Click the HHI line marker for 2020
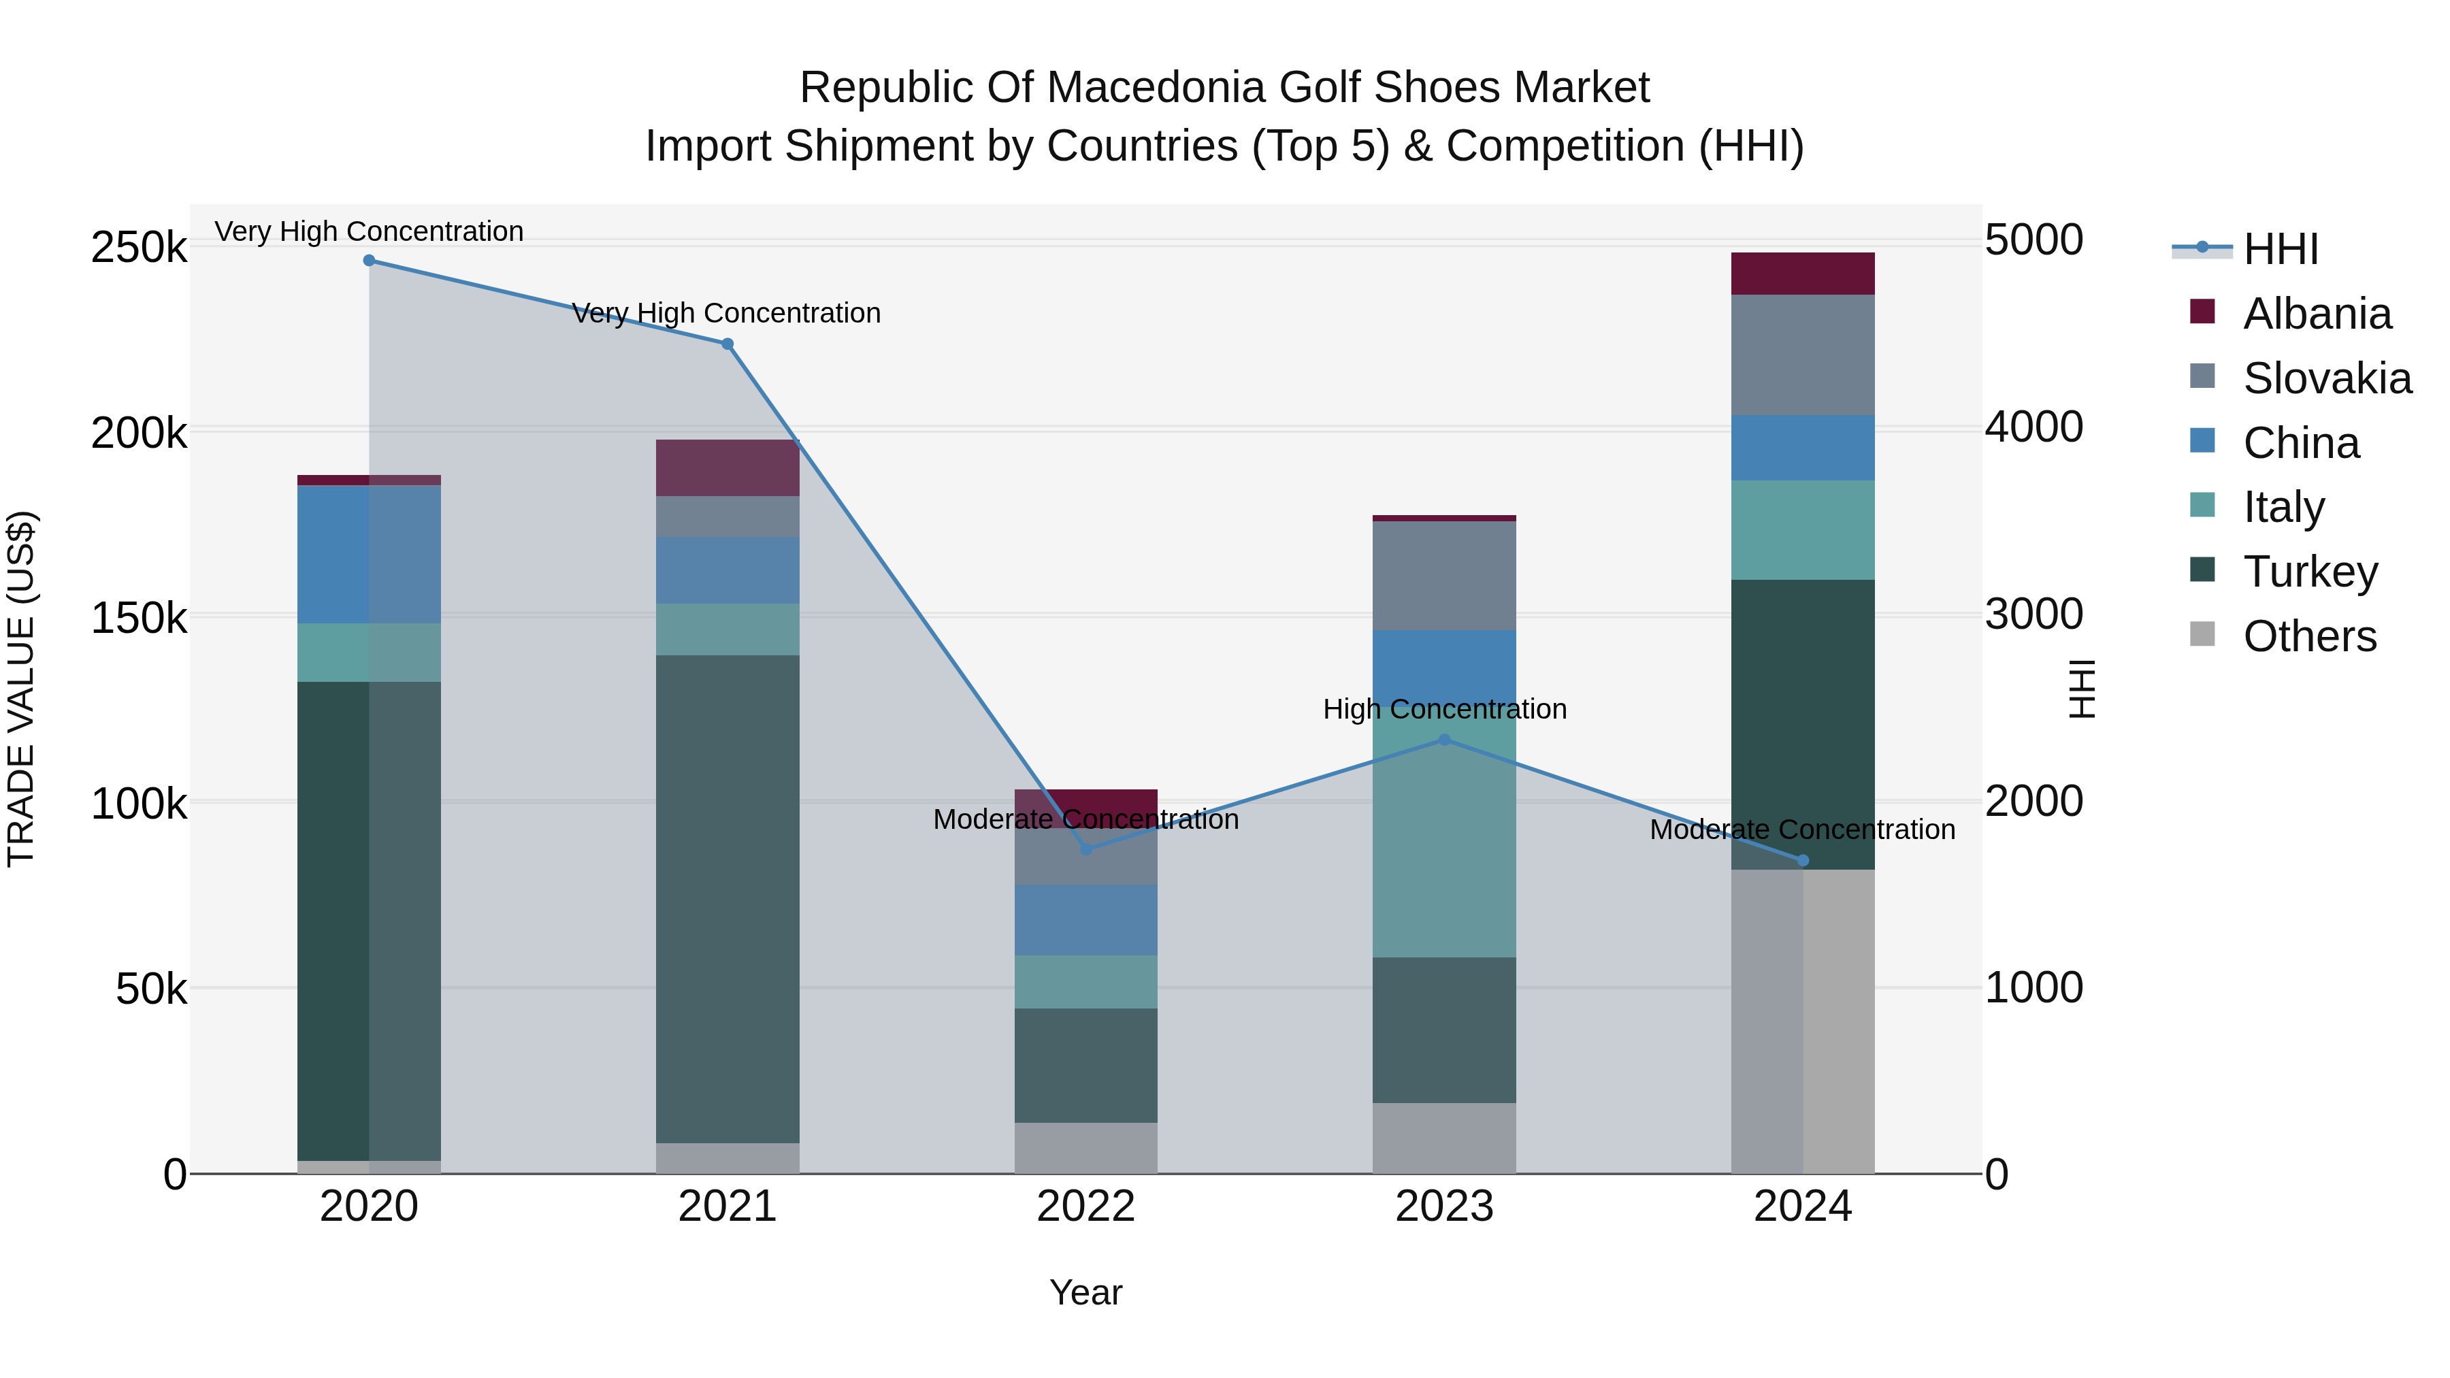point(369,261)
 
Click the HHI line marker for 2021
point(728,344)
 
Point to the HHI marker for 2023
point(1443,740)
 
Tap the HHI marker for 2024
point(1802,861)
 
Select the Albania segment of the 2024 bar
point(1802,274)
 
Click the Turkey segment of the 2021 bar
point(728,899)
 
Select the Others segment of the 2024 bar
point(1802,1022)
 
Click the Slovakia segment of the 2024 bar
point(1802,355)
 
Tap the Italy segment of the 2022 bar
point(1086,981)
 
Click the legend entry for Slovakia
point(2326,378)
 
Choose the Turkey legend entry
point(2309,572)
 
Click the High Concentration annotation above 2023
point(1443,710)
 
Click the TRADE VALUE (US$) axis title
point(21,689)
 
